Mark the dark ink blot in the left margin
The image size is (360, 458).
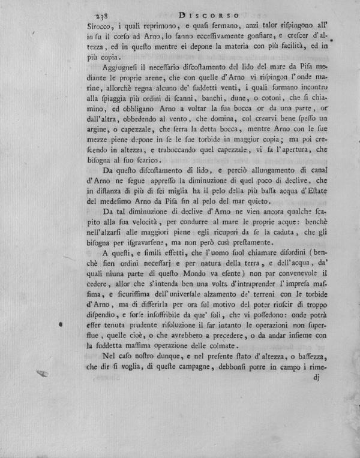61,324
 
